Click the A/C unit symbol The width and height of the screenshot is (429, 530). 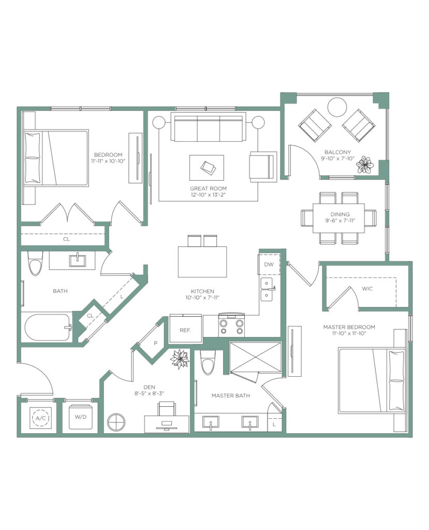40,418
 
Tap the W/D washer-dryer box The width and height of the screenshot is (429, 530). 80,417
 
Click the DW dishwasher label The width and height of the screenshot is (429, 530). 269,264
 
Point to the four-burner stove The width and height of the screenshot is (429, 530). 231,325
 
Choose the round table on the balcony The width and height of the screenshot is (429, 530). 337,107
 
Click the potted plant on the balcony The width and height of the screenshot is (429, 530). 365,165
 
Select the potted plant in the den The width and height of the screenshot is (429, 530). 180,359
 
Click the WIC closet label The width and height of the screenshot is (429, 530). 367,289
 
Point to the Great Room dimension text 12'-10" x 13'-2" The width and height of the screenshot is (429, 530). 208,195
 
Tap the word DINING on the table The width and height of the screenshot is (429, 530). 340,214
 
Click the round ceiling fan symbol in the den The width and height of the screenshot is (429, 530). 116,422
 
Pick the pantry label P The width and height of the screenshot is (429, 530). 156,343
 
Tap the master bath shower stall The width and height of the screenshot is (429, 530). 255,358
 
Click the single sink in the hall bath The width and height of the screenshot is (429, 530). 78,261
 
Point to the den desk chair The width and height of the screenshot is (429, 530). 167,409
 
